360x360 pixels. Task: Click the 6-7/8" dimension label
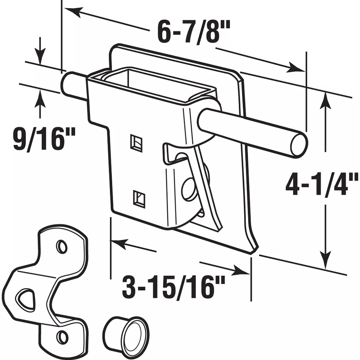pyautogui.click(x=194, y=32)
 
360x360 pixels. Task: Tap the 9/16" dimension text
pyautogui.click(x=44, y=139)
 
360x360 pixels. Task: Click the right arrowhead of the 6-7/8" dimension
pyautogui.click(x=295, y=67)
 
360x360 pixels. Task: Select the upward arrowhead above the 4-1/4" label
pyautogui.click(x=325, y=101)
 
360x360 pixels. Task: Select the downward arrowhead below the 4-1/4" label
pyautogui.click(x=325, y=260)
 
